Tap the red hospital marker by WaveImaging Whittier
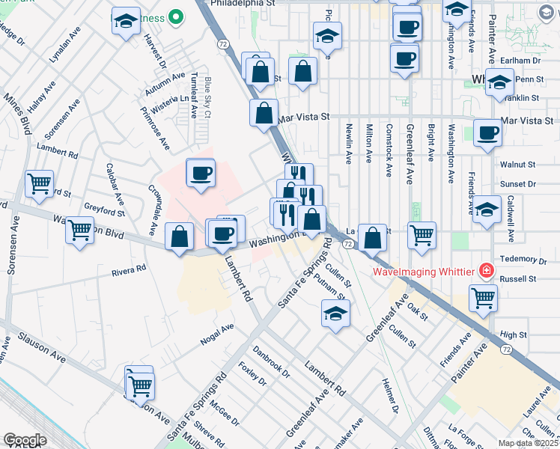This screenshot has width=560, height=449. (486, 269)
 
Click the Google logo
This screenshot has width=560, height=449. (25, 440)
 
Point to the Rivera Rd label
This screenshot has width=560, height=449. (129, 268)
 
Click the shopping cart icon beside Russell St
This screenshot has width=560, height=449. (483, 297)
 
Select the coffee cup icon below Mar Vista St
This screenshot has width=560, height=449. (487, 132)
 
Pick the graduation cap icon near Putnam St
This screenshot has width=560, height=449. (335, 313)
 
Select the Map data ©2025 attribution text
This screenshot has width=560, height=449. (528, 443)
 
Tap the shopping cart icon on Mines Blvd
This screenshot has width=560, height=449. (39, 181)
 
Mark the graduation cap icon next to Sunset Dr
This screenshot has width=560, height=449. (487, 210)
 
